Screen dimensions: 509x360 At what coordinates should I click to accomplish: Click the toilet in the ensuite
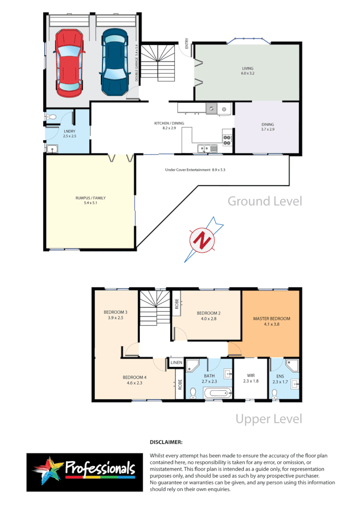pyautogui.click(x=275, y=393)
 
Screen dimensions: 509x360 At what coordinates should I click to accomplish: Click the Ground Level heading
pyautogui.click(x=265, y=201)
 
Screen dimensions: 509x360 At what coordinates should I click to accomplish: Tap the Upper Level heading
pyautogui.click(x=269, y=419)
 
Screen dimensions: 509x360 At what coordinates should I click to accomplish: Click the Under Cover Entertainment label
pyautogui.click(x=195, y=170)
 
